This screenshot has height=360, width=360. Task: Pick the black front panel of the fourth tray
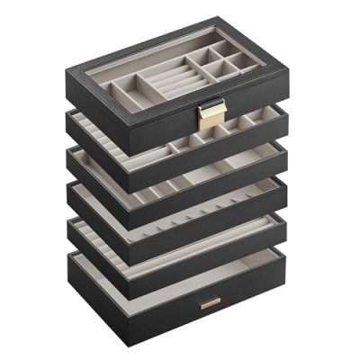pyautogui.click(x=225, y=217)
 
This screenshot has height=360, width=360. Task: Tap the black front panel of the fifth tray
pyautogui.click(x=225, y=248)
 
